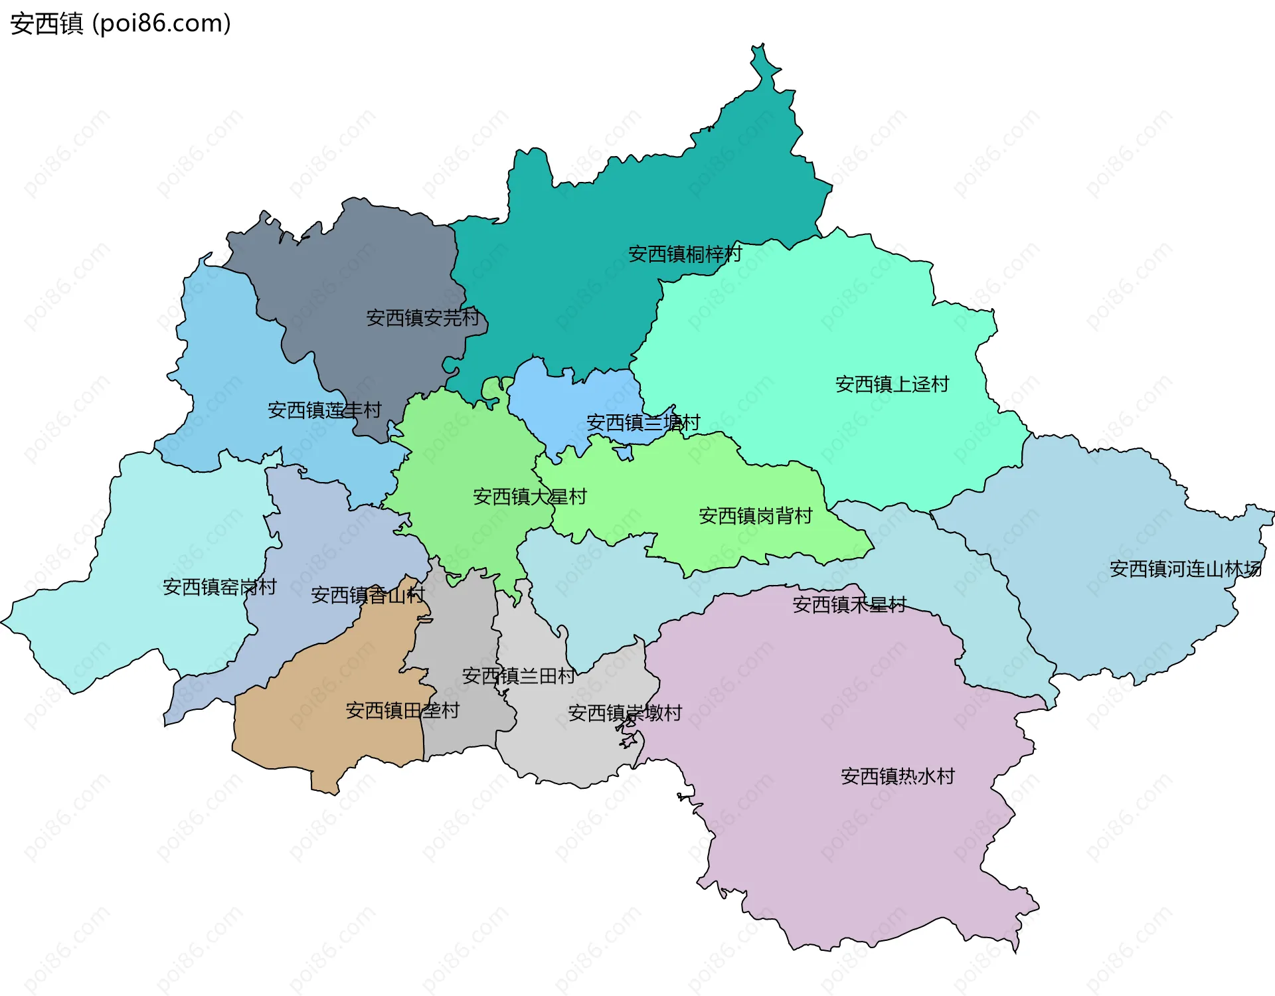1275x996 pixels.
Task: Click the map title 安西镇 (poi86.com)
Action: pos(120,23)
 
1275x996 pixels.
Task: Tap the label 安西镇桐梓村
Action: pos(685,254)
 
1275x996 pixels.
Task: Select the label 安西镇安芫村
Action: pos(422,317)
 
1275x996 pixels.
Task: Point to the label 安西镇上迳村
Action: pos(892,384)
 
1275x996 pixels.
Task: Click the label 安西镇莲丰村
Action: pos(324,410)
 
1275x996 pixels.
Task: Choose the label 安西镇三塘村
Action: pos(643,422)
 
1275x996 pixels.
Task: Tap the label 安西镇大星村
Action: pos(529,496)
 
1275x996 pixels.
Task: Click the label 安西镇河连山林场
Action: pos(1185,568)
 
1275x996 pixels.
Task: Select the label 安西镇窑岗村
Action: pos(219,586)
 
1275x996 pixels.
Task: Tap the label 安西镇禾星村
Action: pos(849,604)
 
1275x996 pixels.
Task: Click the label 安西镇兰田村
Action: pos(518,675)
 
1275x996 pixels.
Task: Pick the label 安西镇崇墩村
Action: pos(624,712)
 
